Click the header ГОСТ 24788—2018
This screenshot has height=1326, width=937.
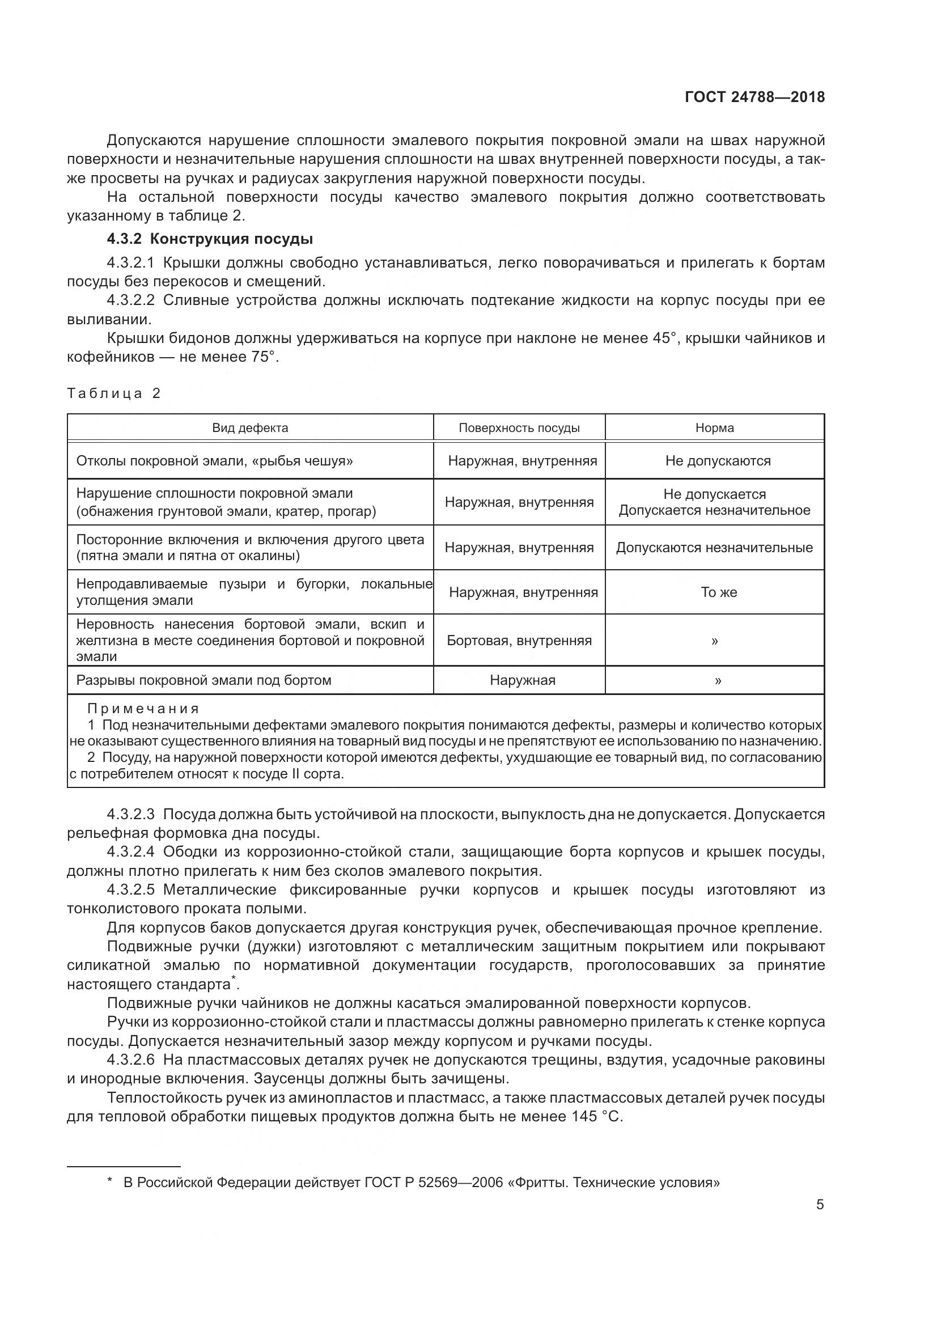[x=754, y=97]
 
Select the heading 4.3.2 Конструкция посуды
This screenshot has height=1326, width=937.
[x=210, y=239]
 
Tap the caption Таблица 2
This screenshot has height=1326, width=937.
[x=114, y=393]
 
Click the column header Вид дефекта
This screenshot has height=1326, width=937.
[x=250, y=428]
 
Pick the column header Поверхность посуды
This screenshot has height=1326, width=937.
[x=519, y=428]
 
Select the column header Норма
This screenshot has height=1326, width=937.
[x=714, y=428]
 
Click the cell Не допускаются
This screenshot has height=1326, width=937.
[x=718, y=461]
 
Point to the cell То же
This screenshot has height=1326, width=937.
[x=718, y=592]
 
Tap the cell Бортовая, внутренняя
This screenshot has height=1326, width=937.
[x=519, y=640]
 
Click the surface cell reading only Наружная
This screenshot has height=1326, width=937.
[x=523, y=680]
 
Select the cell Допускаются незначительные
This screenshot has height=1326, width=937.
[x=714, y=548]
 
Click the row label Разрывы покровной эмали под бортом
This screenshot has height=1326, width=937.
[x=204, y=680]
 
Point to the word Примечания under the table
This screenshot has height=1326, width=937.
[x=143, y=709]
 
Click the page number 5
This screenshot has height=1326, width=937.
[x=820, y=1205]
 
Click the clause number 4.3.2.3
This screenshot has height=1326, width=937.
[x=130, y=814]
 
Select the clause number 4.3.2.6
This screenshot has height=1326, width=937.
[x=130, y=1060]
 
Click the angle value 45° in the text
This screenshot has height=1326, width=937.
[x=664, y=338]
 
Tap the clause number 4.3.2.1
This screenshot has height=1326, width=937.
[x=130, y=263]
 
